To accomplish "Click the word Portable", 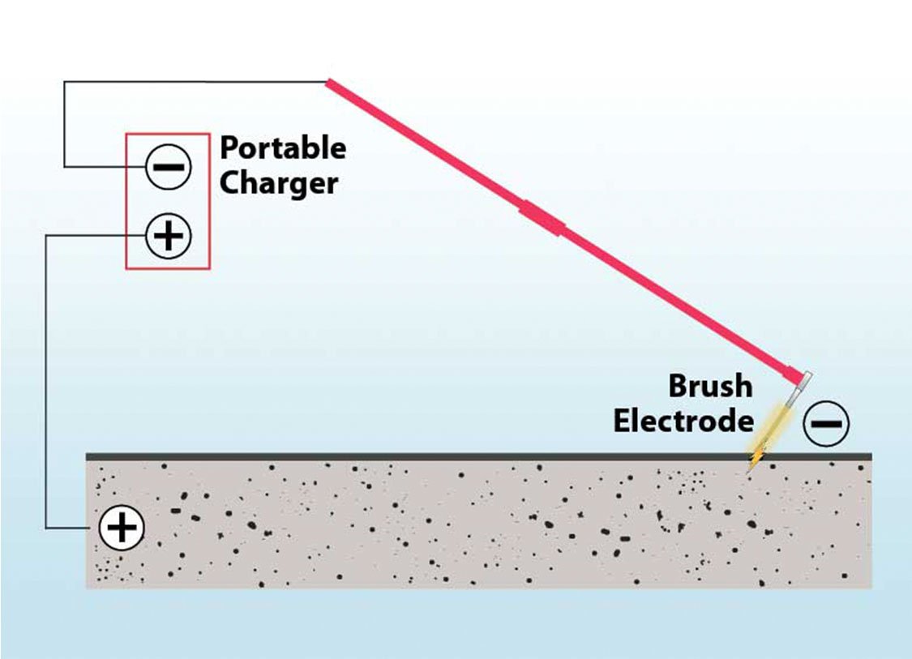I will (x=282, y=148).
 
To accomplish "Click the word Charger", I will (x=278, y=183).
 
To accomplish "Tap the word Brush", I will (x=710, y=386).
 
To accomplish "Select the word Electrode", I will (x=683, y=422).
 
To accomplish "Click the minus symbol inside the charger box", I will (x=169, y=168).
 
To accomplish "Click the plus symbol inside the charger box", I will (x=169, y=236).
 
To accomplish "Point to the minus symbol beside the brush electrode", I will (x=827, y=423).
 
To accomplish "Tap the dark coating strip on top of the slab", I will (x=405, y=456).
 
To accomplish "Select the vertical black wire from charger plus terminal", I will (x=46, y=381).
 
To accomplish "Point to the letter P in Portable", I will (x=229, y=148).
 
